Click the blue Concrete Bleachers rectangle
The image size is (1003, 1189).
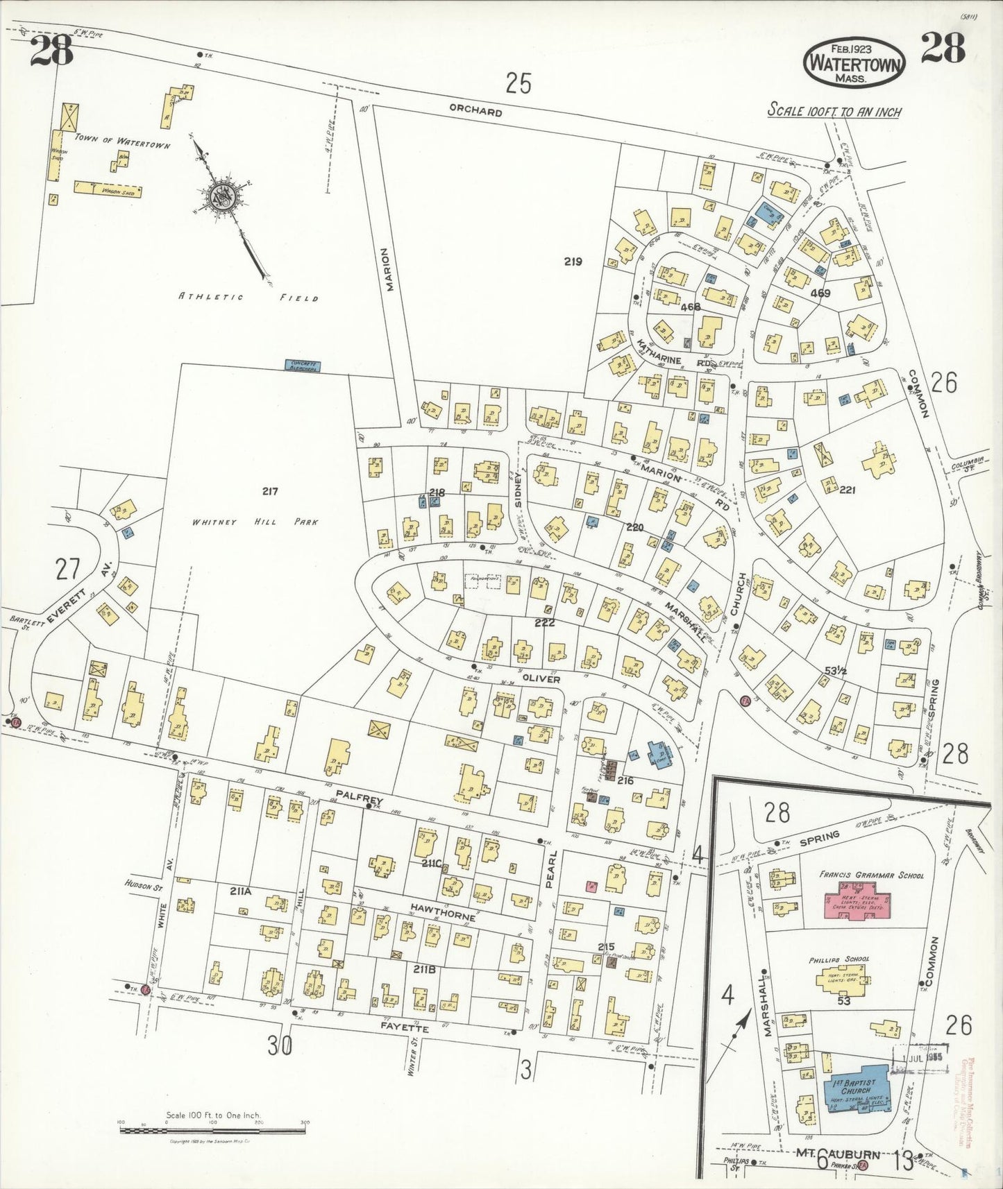coord(301,365)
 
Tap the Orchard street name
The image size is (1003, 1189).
coord(475,111)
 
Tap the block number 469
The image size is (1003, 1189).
coord(820,293)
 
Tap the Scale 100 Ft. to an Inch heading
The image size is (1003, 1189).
coord(834,111)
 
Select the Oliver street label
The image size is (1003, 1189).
coord(541,680)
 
